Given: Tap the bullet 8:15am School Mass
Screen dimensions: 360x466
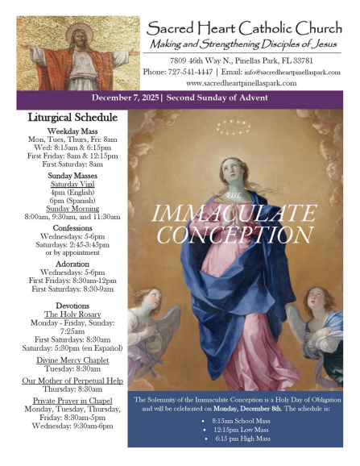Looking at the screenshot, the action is (242, 422).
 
